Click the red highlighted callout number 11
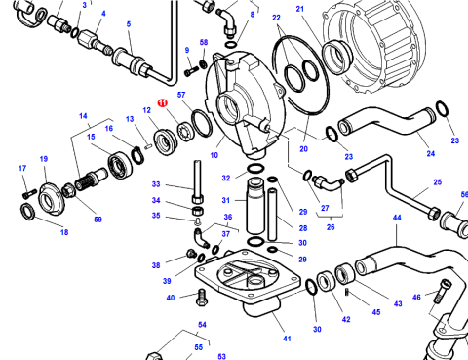163,103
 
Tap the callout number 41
287,339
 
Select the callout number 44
397,218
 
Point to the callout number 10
214,155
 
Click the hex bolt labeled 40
202,297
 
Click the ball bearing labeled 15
120,165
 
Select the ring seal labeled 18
27,211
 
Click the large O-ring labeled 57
202,123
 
